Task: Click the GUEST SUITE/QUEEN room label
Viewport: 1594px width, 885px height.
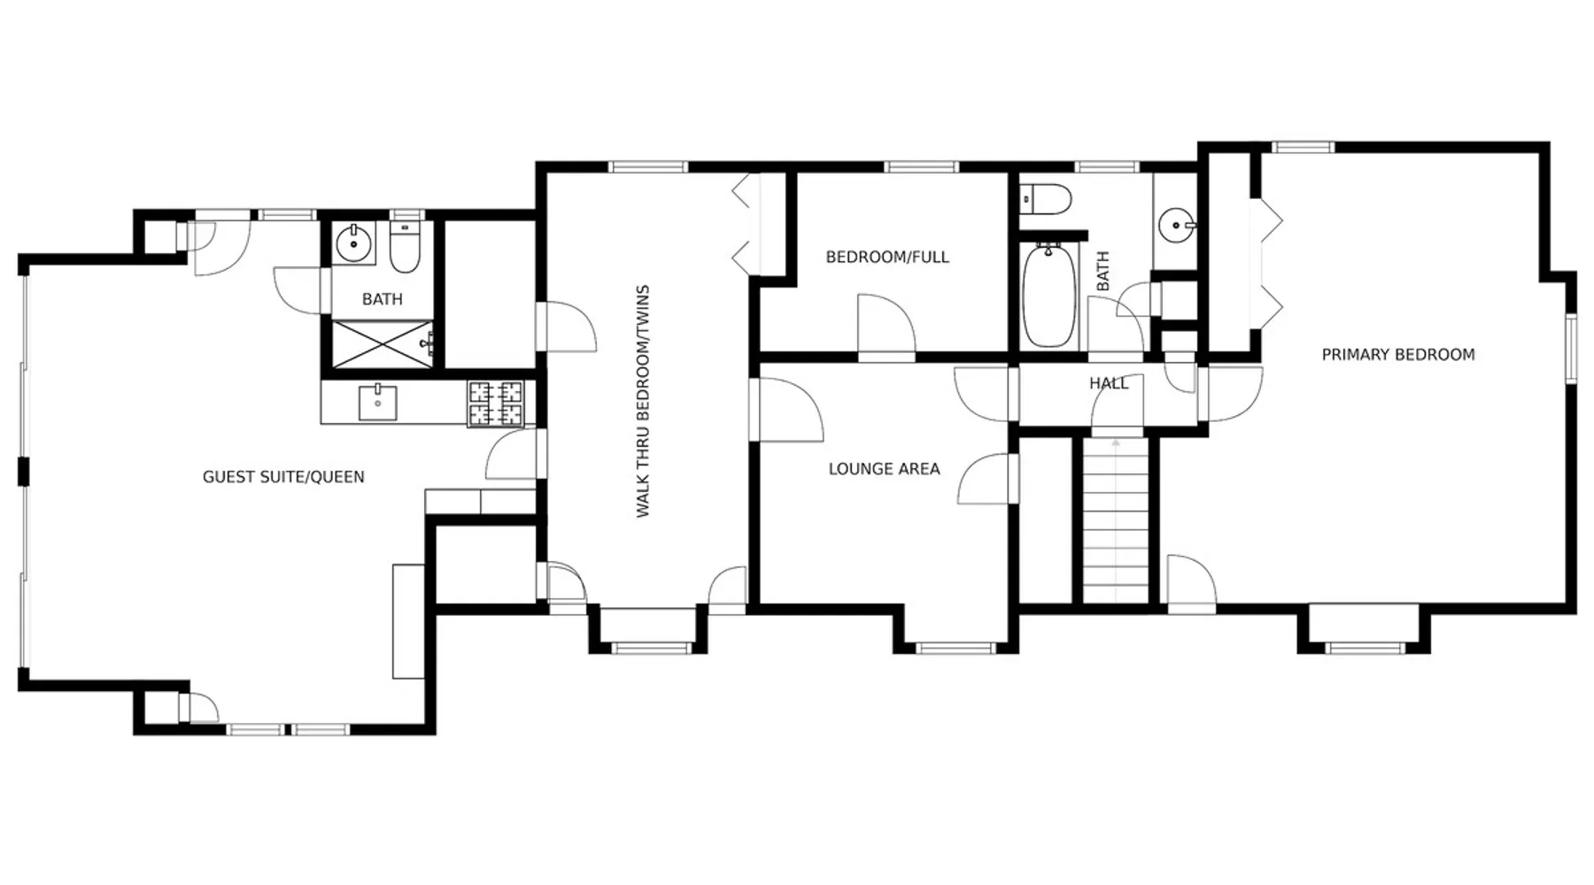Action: click(283, 477)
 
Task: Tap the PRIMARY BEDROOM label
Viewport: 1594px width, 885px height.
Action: click(1398, 355)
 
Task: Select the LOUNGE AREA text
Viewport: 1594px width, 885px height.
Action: click(884, 469)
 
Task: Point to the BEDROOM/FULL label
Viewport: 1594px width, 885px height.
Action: click(887, 258)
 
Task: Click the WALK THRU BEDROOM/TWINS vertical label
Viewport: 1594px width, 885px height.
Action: click(644, 401)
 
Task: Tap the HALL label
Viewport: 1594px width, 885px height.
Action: click(1109, 383)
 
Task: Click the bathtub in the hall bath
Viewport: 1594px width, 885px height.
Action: click(1049, 295)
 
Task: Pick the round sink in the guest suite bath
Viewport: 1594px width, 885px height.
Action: click(354, 243)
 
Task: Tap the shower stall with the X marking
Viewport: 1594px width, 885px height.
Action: click(383, 344)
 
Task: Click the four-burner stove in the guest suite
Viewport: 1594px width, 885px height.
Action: click(496, 404)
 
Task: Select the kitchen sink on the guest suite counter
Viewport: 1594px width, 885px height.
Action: click(378, 403)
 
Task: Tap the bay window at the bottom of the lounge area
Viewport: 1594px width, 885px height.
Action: click(956, 649)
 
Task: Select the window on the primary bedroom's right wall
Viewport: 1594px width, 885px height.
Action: click(1571, 349)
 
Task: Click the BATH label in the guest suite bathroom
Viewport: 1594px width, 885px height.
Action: click(383, 300)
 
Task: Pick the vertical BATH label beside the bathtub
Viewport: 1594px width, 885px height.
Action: click(1103, 272)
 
